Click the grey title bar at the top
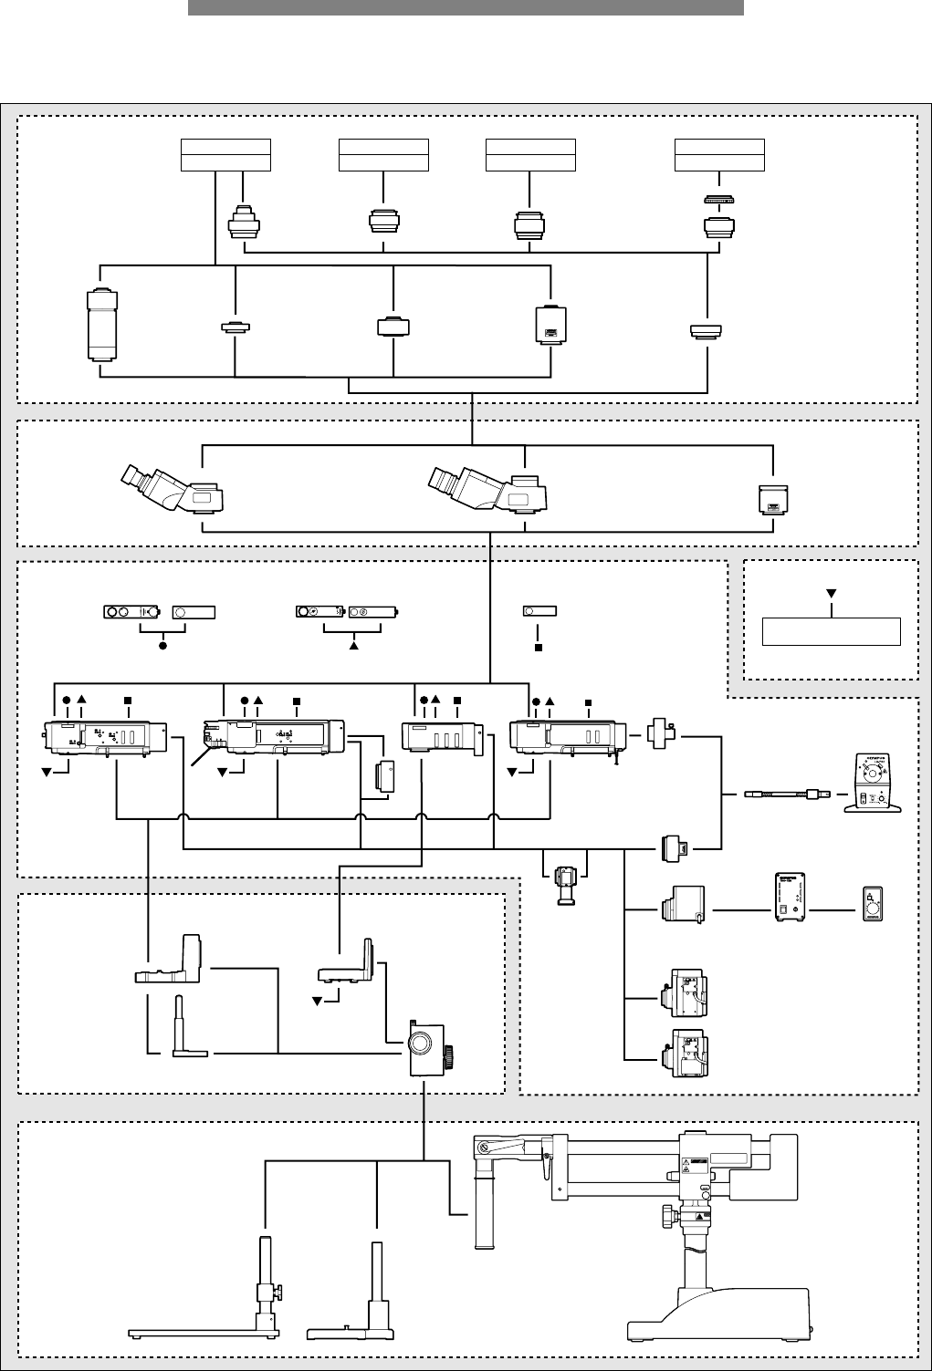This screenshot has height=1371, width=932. [x=466, y=7]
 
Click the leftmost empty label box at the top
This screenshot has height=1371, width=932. [x=226, y=155]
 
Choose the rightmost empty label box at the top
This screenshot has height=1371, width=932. [x=719, y=155]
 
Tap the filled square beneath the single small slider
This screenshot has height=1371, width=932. [x=539, y=648]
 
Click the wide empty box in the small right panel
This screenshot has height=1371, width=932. [x=832, y=631]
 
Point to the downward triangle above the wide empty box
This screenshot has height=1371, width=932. [x=832, y=594]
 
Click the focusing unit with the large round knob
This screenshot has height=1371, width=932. [x=426, y=1043]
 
